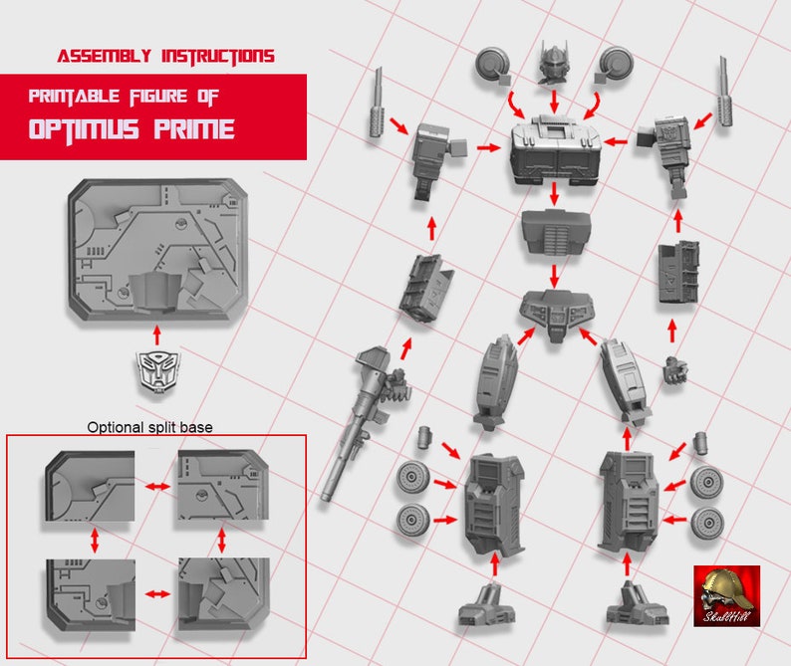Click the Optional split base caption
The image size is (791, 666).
(x=149, y=427)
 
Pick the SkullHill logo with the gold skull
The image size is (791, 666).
(x=726, y=595)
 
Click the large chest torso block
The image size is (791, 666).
(x=553, y=151)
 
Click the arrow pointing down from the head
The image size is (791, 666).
(x=554, y=101)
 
